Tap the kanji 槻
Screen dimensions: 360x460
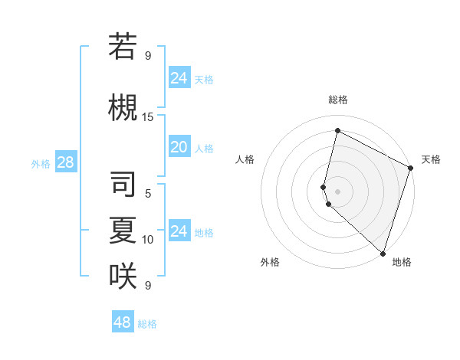123,106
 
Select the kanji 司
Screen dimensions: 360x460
123,184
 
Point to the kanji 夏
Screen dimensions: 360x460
123,230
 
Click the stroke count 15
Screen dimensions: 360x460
148,117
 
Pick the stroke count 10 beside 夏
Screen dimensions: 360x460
148,240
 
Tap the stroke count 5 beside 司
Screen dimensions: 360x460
148,194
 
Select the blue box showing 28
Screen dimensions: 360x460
65,162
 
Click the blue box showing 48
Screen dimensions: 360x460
123,322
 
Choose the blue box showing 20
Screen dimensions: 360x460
179,147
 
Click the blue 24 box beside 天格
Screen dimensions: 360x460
179,78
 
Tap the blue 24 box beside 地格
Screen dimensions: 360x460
179,231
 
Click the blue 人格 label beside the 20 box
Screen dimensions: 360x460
204,148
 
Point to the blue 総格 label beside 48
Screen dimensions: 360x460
147,324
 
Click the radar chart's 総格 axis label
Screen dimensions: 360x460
338,100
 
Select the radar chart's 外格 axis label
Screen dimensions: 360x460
270,262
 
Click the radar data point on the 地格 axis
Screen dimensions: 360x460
383,253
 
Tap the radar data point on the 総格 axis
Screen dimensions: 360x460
337,131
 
